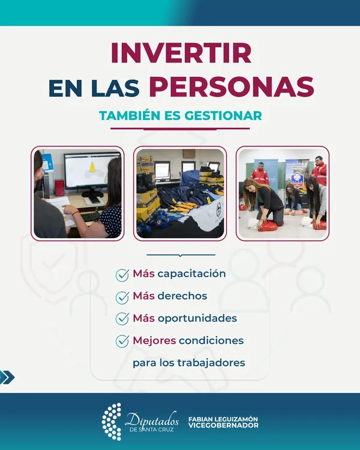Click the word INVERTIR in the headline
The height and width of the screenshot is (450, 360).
[181, 53]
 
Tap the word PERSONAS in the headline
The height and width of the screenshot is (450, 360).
[232, 86]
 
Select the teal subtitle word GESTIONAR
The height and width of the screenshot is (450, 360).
[223, 116]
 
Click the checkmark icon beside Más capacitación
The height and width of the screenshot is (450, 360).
[122, 275]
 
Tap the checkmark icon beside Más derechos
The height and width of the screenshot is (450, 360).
[122, 298]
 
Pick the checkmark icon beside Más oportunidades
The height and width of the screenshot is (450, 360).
[122, 319]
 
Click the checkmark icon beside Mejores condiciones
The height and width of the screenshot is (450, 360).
[122, 341]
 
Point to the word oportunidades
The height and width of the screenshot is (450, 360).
[197, 319]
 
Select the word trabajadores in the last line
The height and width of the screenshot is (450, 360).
[211, 363]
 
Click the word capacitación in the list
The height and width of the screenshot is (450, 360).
[191, 274]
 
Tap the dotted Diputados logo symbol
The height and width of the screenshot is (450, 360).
[112, 422]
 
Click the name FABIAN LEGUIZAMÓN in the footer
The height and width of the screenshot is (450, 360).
[223, 419]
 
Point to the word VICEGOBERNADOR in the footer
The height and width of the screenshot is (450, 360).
[223, 425]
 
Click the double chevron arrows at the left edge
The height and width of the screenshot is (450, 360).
[7, 377]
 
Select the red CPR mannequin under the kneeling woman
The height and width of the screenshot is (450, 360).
[268, 226]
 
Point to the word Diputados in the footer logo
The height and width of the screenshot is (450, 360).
[152, 419]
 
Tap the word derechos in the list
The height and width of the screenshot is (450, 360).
[182, 296]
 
